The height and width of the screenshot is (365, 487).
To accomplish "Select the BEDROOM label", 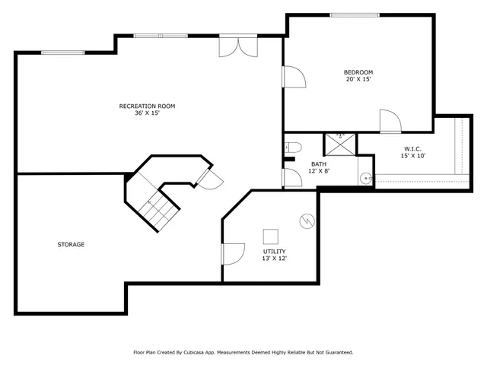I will click(358, 72).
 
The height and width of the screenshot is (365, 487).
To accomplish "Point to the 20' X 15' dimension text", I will click(358, 80).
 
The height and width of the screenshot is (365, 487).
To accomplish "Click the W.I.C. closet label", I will click(413, 148).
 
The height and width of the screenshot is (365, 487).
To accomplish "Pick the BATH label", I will click(320, 163).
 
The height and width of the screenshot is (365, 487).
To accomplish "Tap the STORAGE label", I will click(71, 244).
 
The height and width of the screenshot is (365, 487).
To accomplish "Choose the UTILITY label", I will click(274, 251).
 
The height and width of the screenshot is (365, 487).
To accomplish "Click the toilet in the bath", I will click(294, 148).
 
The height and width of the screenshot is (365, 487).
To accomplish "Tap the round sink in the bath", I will click(366, 178).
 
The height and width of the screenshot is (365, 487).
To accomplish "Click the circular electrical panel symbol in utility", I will click(306, 221).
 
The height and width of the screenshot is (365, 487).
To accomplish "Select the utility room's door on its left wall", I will click(232, 254).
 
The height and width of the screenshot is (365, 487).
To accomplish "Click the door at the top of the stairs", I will click(208, 178).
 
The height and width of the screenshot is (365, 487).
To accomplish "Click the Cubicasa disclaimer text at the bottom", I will click(243, 352).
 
